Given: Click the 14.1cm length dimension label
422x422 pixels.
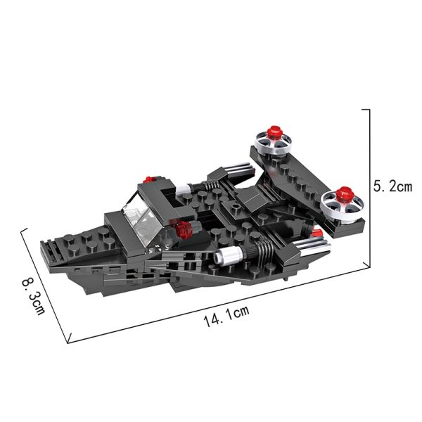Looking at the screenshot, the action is pyautogui.click(x=226, y=316).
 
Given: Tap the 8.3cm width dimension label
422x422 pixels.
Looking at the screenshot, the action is pyautogui.click(x=33, y=297).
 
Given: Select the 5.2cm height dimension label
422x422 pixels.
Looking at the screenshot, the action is pyautogui.click(x=392, y=186).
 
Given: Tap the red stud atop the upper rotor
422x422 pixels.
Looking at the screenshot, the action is pyautogui.click(x=274, y=132).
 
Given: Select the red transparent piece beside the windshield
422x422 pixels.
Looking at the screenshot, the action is pyautogui.click(x=184, y=229).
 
